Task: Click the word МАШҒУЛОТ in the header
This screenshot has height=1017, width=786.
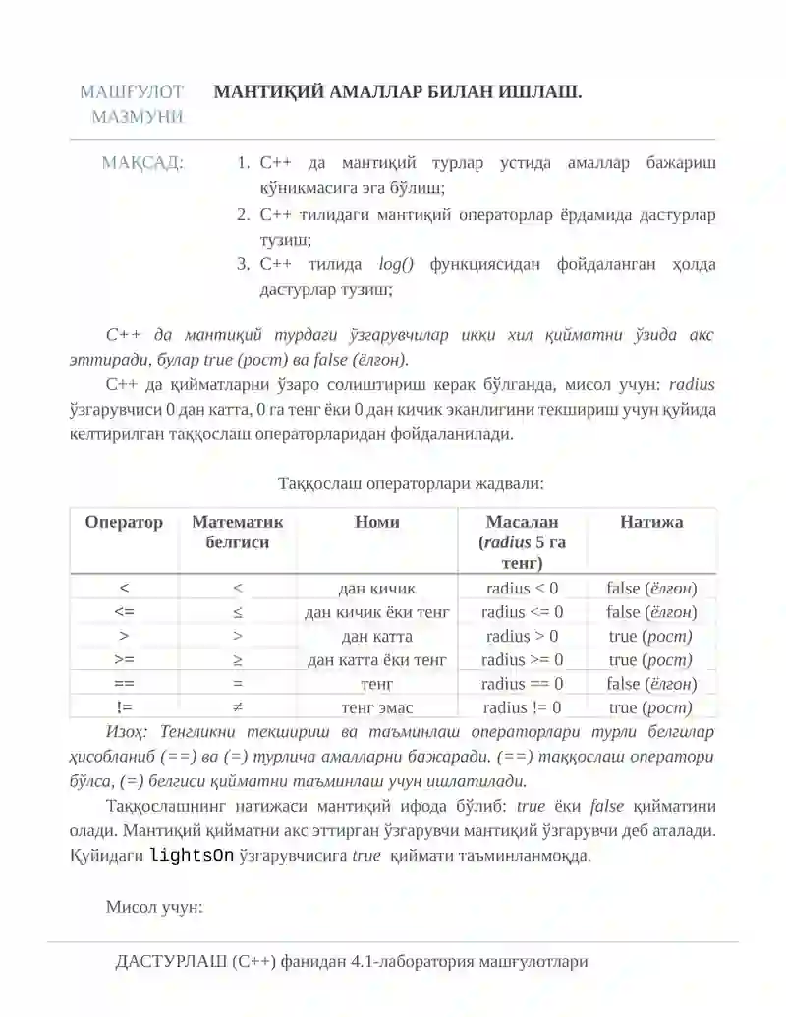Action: pos(131,93)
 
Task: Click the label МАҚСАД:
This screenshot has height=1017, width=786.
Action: pos(141,163)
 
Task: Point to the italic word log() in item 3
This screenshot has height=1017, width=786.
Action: pos(397,264)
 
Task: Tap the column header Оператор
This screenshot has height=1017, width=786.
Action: pos(124,522)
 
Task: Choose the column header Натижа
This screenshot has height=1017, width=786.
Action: pos(651,522)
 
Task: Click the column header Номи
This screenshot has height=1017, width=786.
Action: pos(376,522)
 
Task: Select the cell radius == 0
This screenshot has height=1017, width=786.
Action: pos(523,684)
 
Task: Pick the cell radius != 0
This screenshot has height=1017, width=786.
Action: pos(523,707)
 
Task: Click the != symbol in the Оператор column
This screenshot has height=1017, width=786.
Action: pos(124,707)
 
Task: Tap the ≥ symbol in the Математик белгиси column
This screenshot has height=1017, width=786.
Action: pos(238,660)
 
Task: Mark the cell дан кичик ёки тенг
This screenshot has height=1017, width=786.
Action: pos(377,612)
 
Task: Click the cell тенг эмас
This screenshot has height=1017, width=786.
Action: pos(377,707)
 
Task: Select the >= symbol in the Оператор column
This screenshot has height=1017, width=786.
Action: pos(124,660)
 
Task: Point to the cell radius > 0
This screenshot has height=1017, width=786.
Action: pos(523,636)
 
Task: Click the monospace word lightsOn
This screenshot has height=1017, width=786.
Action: pos(192,855)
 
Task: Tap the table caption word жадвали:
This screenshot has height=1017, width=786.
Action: pos(509,483)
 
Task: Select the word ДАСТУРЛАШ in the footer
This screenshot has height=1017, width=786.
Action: pos(172,961)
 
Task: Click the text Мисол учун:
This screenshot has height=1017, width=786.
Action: pos(154,906)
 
